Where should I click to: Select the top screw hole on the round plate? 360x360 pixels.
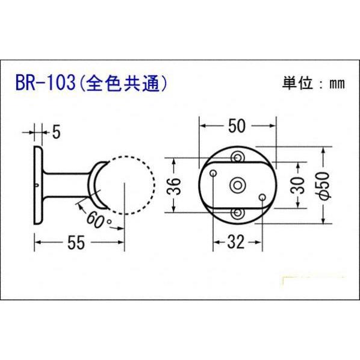[x=239, y=157]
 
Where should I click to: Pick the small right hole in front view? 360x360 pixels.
[x=262, y=197]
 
